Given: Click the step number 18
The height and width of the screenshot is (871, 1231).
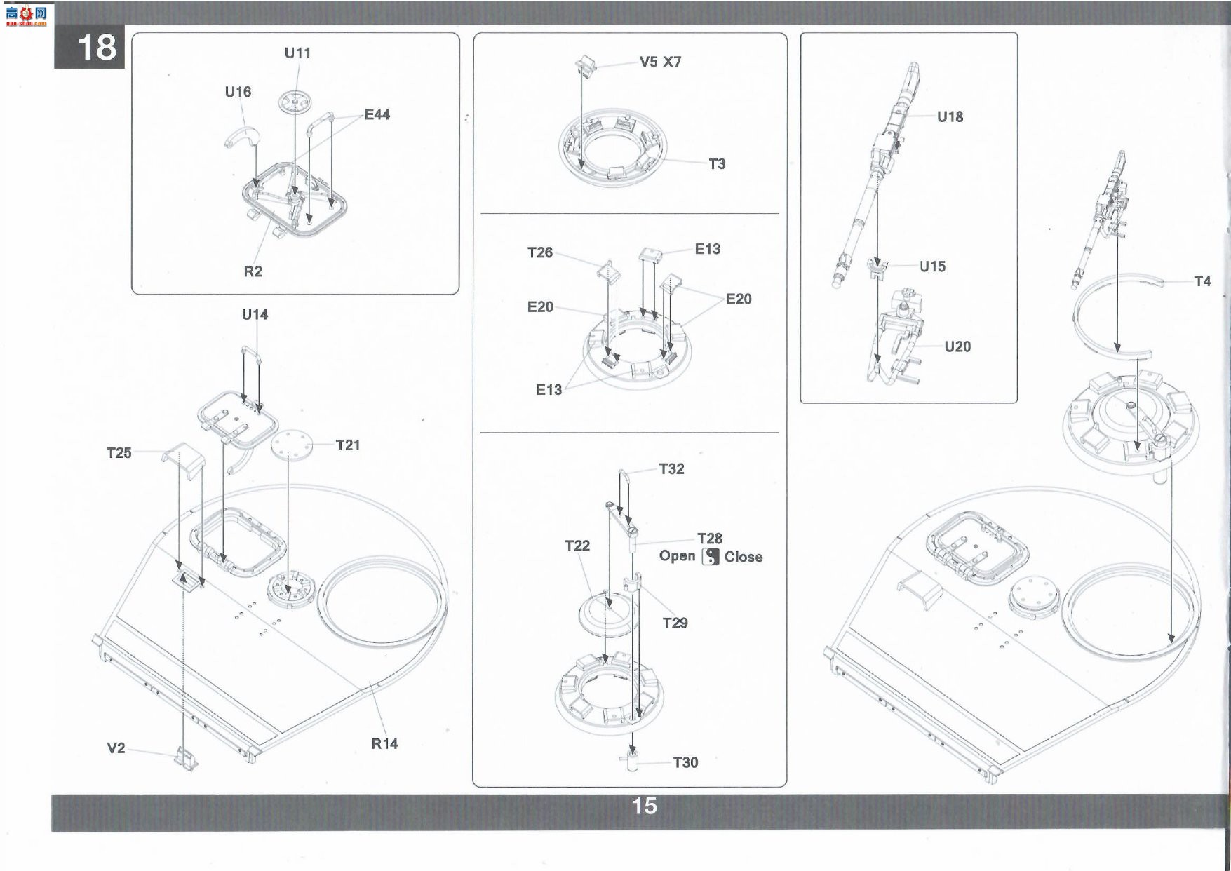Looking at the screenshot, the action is coord(97,48).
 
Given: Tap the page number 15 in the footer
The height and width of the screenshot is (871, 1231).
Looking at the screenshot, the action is coord(645,806).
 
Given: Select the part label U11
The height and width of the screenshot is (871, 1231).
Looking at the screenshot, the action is coord(297,53).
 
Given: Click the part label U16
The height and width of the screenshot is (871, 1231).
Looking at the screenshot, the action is coord(238,92).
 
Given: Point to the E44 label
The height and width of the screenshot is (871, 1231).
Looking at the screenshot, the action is coord(377,114).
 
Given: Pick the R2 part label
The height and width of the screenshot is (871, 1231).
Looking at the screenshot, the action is coord(253,271).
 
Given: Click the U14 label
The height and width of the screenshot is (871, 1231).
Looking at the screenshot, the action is coord(255,314).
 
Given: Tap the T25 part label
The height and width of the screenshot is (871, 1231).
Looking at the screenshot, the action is coord(119,453).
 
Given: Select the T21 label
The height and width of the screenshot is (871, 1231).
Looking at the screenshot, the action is coord(348,445).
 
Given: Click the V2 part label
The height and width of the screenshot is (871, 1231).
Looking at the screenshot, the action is coord(116,748).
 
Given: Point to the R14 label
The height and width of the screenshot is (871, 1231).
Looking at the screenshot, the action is coord(384,744).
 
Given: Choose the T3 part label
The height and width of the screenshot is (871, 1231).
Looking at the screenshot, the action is coord(717,164).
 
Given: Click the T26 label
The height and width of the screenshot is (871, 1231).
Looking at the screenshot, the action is coord(540,252).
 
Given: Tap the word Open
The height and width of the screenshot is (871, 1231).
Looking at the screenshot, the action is coord(677,555).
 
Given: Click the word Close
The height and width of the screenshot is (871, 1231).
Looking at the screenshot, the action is coord(744,557).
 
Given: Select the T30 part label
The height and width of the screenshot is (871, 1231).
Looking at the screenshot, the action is coord(685,762).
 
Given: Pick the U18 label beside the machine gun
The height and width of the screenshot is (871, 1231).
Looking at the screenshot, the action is coord(950,117).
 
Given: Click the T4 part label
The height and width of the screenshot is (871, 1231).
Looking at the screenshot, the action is coord(1202,281).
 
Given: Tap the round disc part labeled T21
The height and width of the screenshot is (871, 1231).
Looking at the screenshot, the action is coord(289,446).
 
